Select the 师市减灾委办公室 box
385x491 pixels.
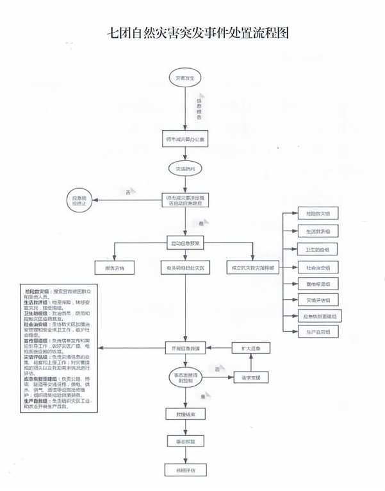click(x=185, y=139)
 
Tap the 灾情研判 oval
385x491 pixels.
click(x=185, y=169)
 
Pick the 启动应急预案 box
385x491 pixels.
click(x=185, y=244)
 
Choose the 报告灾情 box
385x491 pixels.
click(x=113, y=267)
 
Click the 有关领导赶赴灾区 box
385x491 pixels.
click(x=185, y=267)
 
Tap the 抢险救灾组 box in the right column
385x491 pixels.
click(x=313, y=212)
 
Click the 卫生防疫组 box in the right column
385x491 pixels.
click(x=313, y=248)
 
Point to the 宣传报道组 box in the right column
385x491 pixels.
click(x=313, y=282)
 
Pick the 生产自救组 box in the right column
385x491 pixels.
click(x=313, y=331)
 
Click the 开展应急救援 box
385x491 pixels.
click(x=185, y=348)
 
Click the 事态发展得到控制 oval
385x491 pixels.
click(x=185, y=378)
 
